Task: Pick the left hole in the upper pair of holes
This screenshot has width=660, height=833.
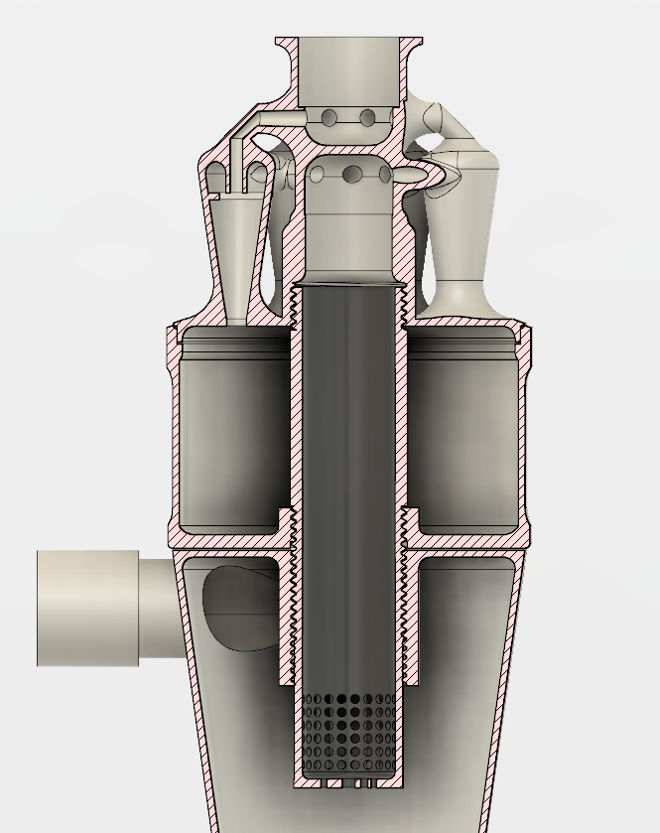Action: pos(330,119)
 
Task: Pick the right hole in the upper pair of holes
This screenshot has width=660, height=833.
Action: pos(367,119)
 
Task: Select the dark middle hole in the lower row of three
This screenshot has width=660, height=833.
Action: pos(351,176)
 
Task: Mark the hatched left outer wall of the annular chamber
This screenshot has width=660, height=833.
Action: pos(174,437)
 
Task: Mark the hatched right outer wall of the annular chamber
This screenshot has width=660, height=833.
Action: pos(525,437)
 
